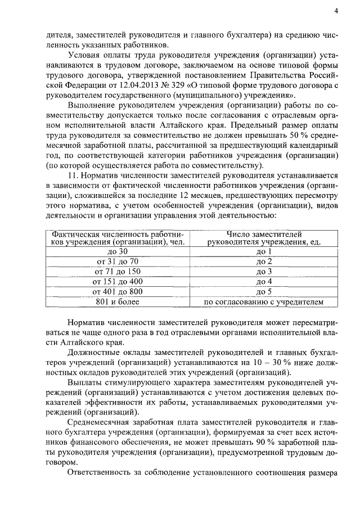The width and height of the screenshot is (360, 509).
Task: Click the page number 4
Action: (336, 11)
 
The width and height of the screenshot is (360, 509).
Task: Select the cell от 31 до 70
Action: (118, 262)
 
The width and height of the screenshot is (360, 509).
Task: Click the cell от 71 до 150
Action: (118, 272)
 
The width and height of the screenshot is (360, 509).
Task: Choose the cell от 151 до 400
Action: (118, 282)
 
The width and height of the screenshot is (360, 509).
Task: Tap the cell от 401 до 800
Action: (118, 292)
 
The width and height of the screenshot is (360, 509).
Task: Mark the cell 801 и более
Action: (118, 302)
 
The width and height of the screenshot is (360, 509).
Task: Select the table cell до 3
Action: (264, 272)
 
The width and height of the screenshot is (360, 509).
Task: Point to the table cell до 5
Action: (264, 292)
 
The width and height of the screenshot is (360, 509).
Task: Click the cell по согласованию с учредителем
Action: (264, 302)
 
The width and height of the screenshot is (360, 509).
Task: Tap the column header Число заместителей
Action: (264, 235)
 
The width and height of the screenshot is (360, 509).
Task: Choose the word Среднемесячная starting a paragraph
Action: (103, 422)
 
